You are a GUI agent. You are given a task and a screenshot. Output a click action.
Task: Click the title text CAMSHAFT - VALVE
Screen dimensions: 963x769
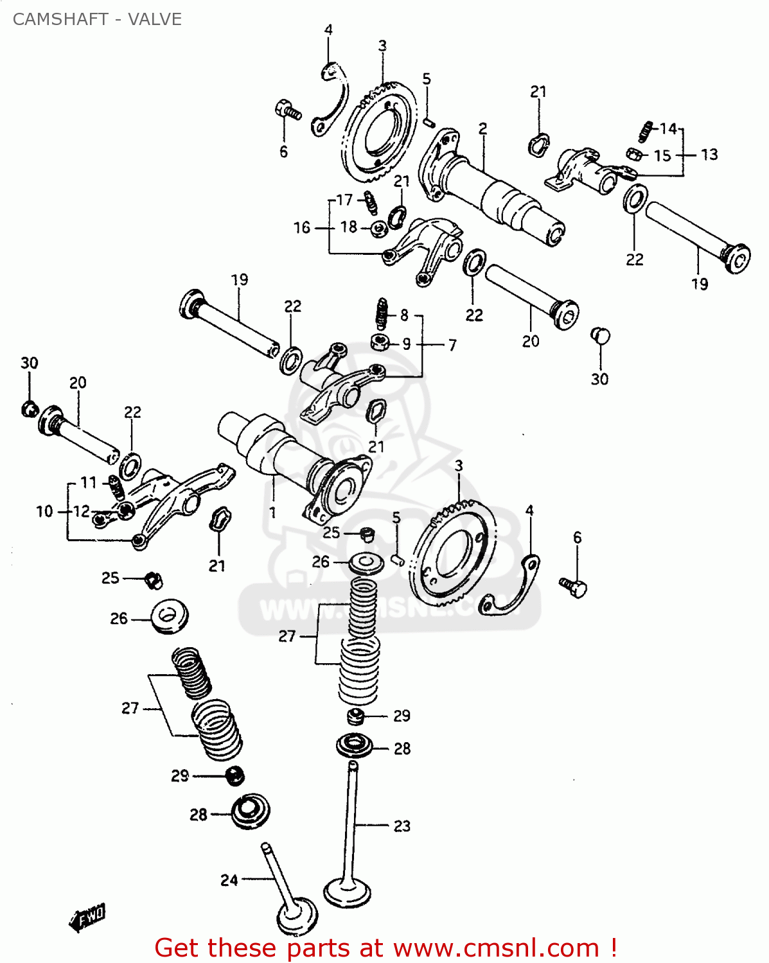pos(97,19)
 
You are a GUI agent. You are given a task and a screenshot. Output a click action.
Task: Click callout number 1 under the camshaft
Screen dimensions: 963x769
pos(272,512)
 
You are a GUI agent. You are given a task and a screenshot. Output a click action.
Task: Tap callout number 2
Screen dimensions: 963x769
pos(482,129)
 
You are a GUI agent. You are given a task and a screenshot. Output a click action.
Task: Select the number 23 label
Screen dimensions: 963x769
pos(402,826)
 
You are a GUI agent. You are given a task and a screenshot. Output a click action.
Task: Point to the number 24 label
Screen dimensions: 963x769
pos(229,880)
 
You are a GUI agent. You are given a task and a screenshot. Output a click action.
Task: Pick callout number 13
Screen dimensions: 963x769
pos(709,155)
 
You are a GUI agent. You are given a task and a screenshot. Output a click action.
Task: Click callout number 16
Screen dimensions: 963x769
pos(302,227)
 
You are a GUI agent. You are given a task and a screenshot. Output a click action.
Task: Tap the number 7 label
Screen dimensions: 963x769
pos(452,345)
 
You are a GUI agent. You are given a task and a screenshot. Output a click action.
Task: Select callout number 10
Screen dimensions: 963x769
pos(44,511)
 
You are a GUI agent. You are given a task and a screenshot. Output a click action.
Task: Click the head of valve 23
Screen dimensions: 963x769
pos(348,892)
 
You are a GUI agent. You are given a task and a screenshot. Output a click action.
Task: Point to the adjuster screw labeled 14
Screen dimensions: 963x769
pos(646,131)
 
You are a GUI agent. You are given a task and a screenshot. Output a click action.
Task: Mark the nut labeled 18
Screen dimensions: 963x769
pos(378,228)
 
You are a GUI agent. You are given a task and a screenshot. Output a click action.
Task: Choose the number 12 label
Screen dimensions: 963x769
pos(82,511)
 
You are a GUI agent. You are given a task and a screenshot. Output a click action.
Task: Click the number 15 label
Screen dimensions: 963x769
pos(662,155)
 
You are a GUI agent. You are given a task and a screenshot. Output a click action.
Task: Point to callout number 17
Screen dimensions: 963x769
pos(344,200)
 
